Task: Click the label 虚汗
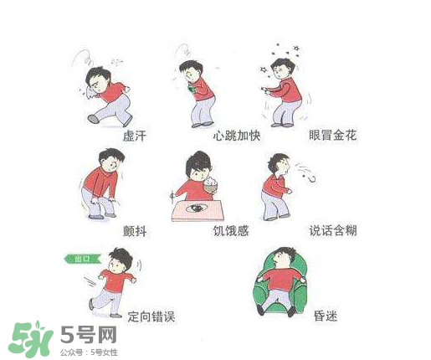(134, 136)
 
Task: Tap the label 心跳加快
(237, 136)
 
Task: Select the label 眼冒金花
(333, 136)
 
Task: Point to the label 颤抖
(134, 231)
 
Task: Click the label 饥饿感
(231, 231)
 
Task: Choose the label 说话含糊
(333, 230)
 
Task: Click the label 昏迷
(325, 316)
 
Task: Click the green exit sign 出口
(81, 259)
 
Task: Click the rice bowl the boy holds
(211, 184)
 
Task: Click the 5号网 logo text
(88, 335)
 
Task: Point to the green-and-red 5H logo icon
(31, 339)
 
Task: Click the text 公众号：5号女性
(88, 352)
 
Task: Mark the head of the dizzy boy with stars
(284, 66)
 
